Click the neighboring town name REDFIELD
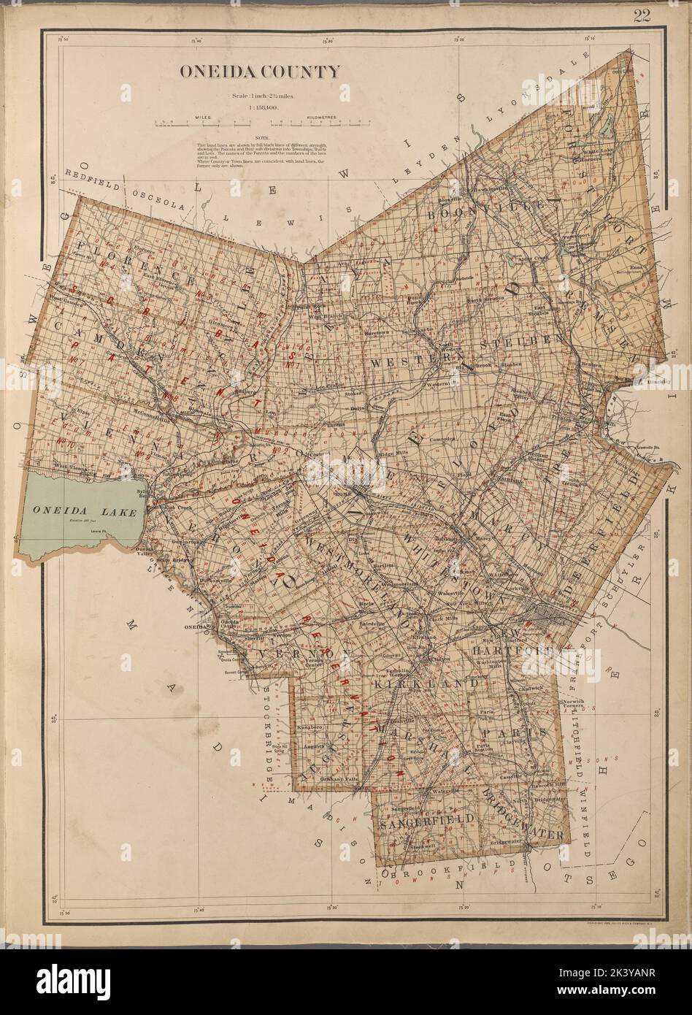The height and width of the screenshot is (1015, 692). point(91,173)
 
